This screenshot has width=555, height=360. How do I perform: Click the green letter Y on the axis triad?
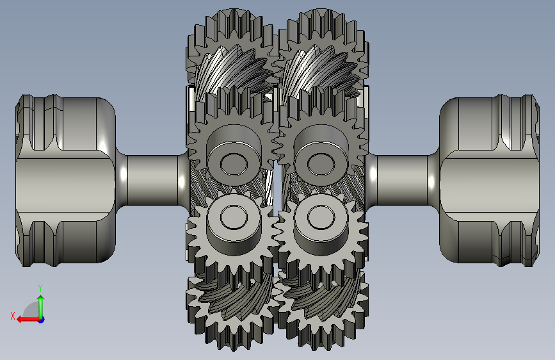pyautogui.click(x=40, y=288)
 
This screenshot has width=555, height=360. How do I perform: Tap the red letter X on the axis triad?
pyautogui.click(x=13, y=316)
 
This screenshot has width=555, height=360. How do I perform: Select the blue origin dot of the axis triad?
pyautogui.click(x=42, y=320)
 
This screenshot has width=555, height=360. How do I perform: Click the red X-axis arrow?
pyautogui.click(x=28, y=320)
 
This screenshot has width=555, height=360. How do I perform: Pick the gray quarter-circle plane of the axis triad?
pyautogui.click(x=33, y=311)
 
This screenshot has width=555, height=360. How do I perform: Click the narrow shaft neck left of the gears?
pyautogui.click(x=152, y=180)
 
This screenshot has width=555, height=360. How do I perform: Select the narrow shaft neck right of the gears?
pyautogui.click(x=403, y=180)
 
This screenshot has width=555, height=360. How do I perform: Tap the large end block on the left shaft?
pyautogui.click(x=65, y=180)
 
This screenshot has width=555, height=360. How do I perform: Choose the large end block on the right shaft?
pyautogui.click(x=490, y=180)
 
